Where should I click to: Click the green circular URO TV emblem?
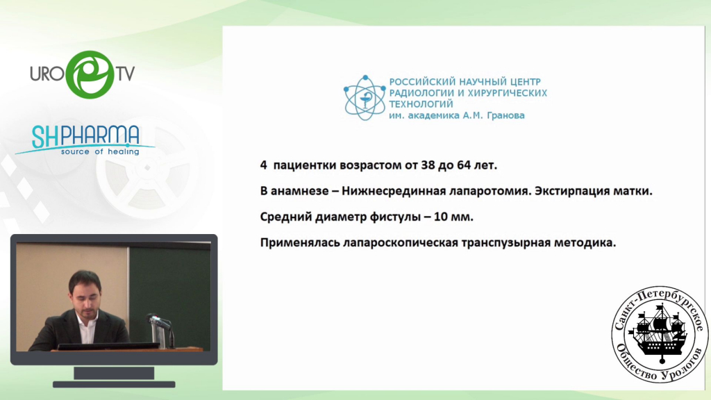(x=90, y=74)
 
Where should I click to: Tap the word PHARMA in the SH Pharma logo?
(x=100, y=136)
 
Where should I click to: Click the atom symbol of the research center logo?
(x=365, y=98)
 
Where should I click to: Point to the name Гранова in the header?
(x=505, y=116)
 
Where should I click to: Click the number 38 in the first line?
(x=428, y=165)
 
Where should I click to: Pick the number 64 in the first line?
(x=464, y=165)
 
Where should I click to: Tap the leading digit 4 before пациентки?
(x=263, y=165)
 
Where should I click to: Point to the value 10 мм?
(x=453, y=217)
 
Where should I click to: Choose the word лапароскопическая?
(x=401, y=243)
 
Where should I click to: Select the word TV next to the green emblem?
(x=126, y=74)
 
